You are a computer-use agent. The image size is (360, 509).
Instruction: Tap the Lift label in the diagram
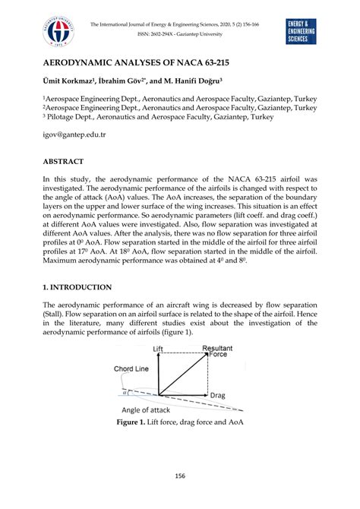tap(158, 349)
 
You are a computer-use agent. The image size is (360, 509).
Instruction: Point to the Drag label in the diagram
tap(219, 396)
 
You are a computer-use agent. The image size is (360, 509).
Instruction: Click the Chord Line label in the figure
tap(131, 369)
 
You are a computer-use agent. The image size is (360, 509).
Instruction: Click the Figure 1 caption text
tap(179, 422)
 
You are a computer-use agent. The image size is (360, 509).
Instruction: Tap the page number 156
tap(180, 477)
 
